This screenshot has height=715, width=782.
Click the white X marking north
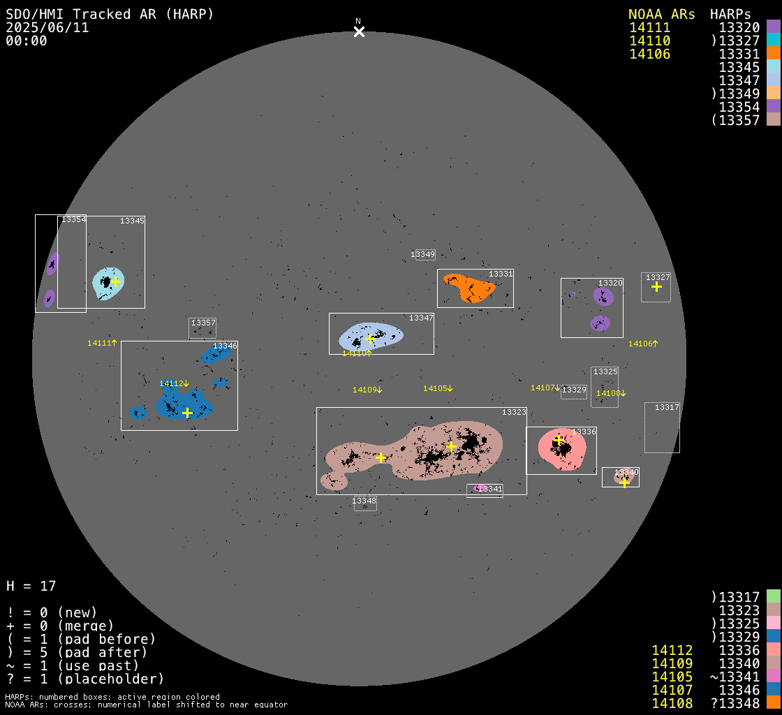click(359, 31)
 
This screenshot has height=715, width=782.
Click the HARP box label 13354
click(73, 219)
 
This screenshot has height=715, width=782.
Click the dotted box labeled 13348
click(365, 502)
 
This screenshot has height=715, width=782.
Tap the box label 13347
click(421, 318)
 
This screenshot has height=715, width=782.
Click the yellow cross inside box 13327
click(656, 286)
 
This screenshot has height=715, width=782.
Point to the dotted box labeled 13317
click(662, 427)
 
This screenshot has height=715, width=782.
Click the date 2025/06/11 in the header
click(47, 28)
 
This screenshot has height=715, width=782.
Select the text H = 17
click(31, 586)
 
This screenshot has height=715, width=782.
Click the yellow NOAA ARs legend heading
click(661, 14)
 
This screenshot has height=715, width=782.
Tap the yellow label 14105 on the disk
click(438, 388)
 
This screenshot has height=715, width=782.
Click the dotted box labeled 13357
click(202, 328)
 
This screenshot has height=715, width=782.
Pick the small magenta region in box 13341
click(478, 488)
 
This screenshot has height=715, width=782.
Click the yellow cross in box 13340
click(624, 482)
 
